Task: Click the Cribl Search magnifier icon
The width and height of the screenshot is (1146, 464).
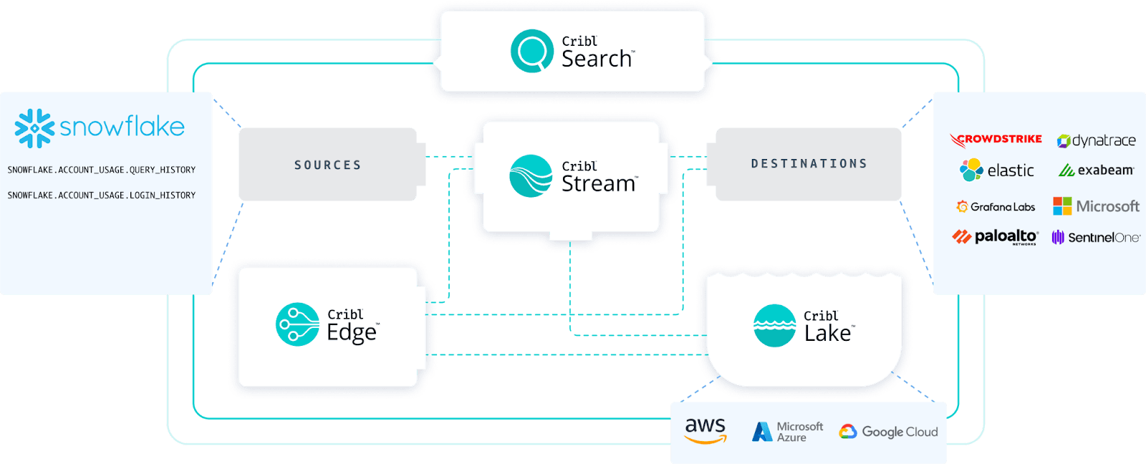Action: click(x=531, y=51)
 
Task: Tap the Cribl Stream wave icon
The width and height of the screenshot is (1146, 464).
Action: click(x=531, y=176)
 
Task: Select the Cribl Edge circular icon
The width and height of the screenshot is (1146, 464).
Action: click(x=297, y=324)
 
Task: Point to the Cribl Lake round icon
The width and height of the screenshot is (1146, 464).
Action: click(x=774, y=326)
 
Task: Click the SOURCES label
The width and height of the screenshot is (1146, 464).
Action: click(x=327, y=165)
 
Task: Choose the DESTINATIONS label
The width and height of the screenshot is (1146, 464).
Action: click(x=809, y=164)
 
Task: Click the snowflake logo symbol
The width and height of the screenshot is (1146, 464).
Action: click(x=34, y=128)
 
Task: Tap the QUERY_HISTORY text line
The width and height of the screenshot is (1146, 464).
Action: click(x=101, y=170)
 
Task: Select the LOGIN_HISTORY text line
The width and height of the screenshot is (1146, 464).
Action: click(x=101, y=195)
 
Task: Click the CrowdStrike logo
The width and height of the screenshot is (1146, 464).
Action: click(x=996, y=140)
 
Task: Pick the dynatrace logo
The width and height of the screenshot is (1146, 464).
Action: click(x=1097, y=140)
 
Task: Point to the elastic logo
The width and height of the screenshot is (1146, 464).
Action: click(x=996, y=170)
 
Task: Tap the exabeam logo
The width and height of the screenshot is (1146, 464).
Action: click(x=1097, y=170)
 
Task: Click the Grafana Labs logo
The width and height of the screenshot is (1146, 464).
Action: click(x=996, y=207)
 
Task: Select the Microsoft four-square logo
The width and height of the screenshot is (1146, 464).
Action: click(x=1062, y=206)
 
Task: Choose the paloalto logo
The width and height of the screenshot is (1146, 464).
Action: click(x=996, y=236)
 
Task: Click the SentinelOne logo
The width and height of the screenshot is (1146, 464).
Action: click(x=1096, y=237)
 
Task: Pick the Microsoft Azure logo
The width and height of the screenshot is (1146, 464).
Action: click(x=787, y=432)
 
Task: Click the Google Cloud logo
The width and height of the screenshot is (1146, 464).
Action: click(x=888, y=432)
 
